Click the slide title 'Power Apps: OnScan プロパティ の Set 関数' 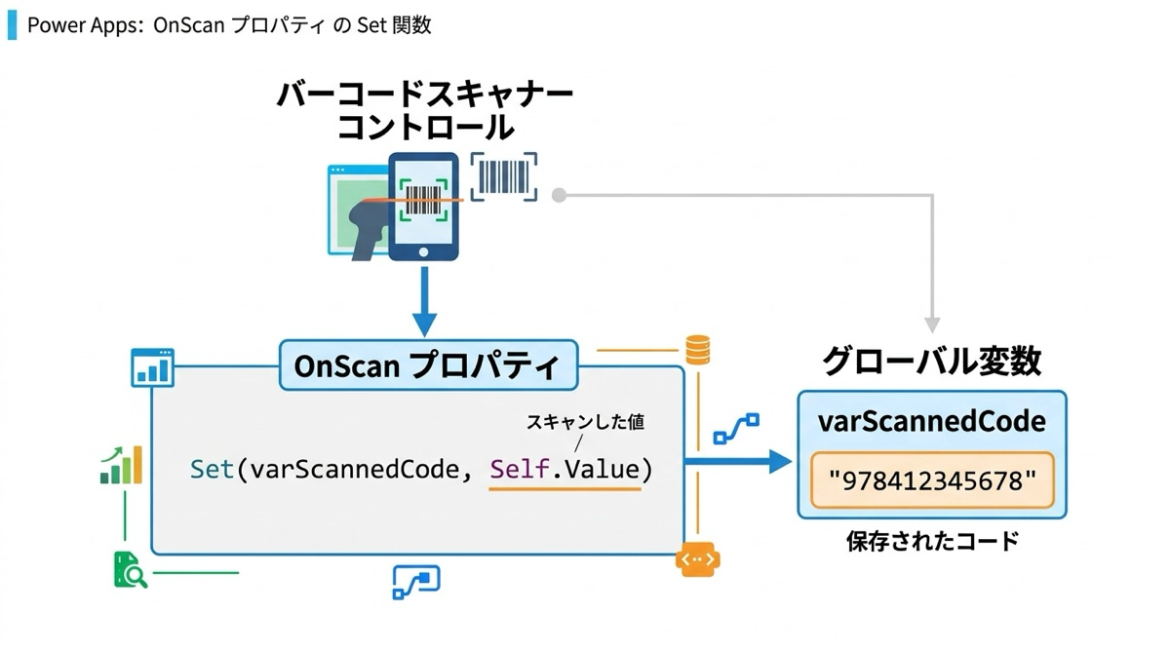click(x=228, y=25)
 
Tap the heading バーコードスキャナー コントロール click(x=425, y=110)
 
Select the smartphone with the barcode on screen click(x=423, y=207)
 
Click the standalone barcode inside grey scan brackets click(x=504, y=176)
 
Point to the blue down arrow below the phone click(x=423, y=302)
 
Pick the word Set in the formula click(x=212, y=469)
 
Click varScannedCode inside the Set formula click(x=353, y=469)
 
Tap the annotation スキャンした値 click(x=585, y=423)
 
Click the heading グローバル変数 click(x=932, y=362)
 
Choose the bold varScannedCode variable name click(x=932, y=421)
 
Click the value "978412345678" click(x=932, y=479)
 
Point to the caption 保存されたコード click(x=932, y=541)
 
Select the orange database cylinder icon click(x=698, y=350)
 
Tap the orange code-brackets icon click(x=698, y=560)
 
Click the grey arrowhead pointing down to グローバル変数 click(x=932, y=324)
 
